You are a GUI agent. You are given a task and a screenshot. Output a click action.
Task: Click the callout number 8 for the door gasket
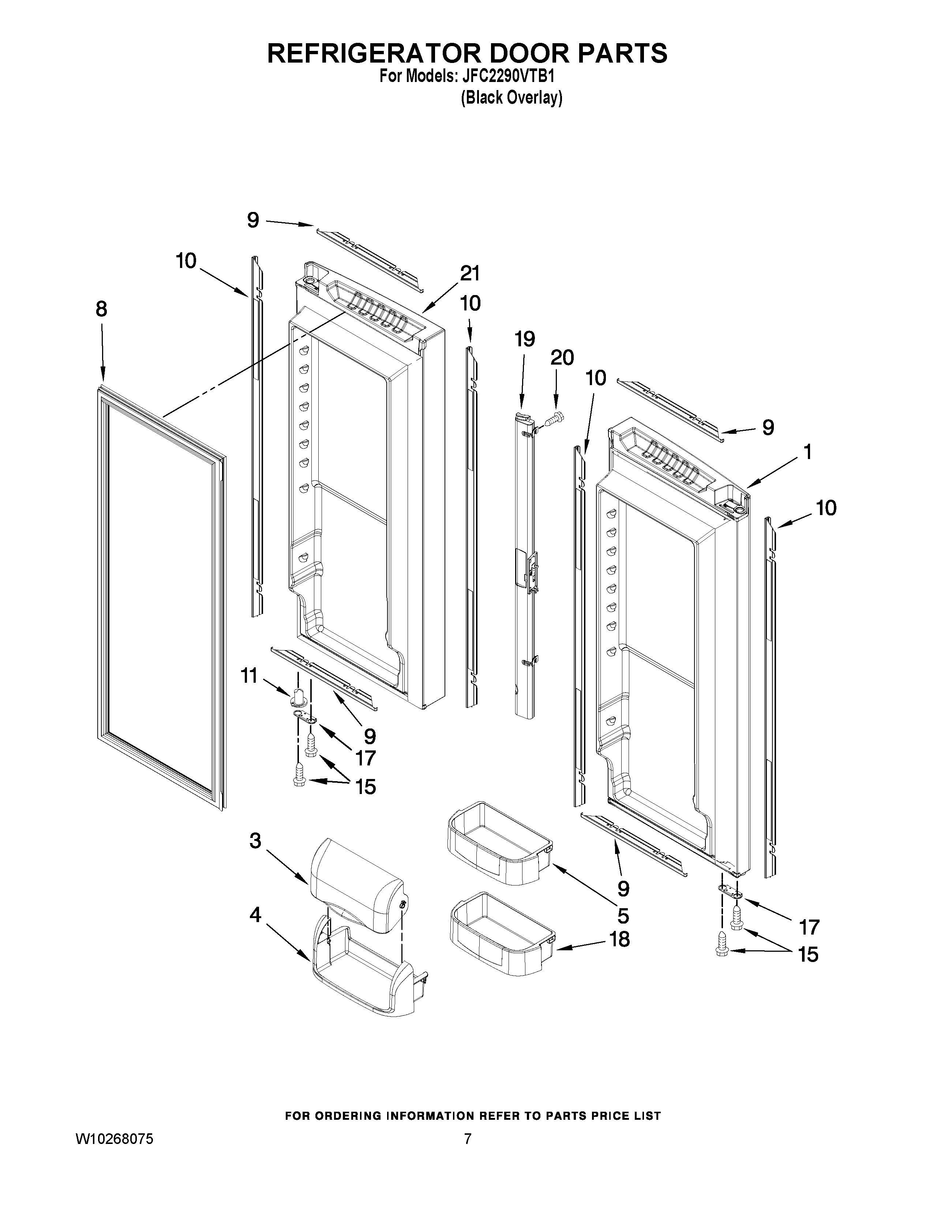[x=101, y=309]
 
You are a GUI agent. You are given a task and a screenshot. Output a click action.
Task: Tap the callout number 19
[x=525, y=339]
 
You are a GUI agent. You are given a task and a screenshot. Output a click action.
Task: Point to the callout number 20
[x=562, y=358]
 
